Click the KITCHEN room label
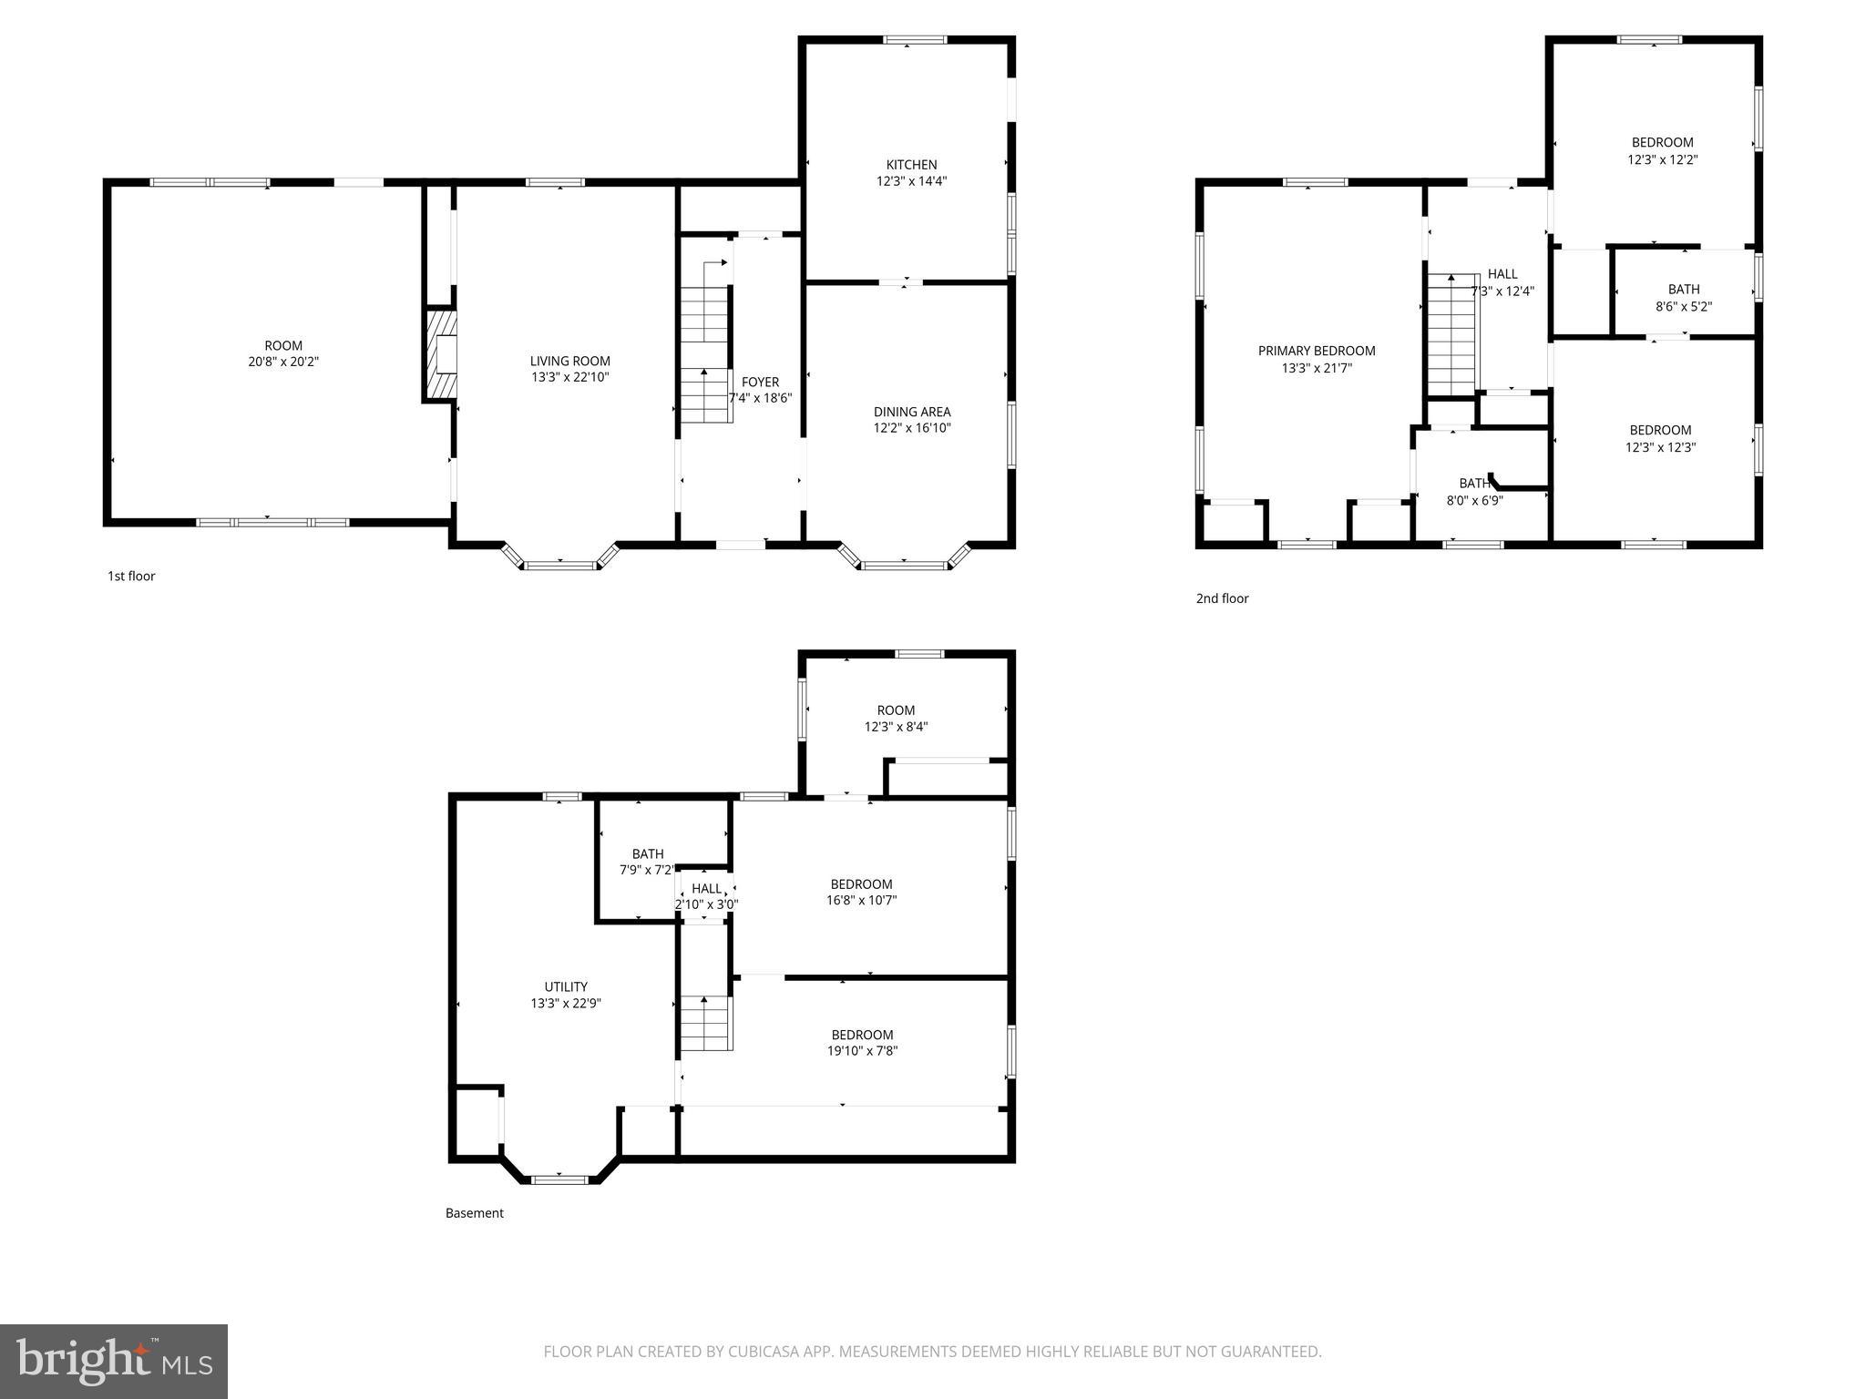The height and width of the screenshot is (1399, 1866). tap(911, 165)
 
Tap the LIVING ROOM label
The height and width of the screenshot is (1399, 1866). tap(570, 362)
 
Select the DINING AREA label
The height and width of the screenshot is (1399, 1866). tap(912, 412)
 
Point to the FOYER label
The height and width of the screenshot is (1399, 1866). tap(760, 383)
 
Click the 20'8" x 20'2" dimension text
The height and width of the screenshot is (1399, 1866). tap(283, 362)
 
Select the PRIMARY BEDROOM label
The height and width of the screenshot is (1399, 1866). tap(1317, 351)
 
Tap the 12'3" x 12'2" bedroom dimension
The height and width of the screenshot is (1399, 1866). tap(1662, 159)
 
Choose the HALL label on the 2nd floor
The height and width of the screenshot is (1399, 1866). tap(1502, 274)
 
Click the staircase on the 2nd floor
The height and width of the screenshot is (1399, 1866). tap(1452, 335)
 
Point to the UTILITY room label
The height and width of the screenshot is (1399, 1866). tap(566, 986)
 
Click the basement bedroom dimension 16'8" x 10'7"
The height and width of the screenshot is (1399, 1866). tap(861, 900)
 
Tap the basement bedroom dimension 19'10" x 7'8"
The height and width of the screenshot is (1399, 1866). tap(862, 1050)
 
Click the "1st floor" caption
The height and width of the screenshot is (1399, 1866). tap(131, 576)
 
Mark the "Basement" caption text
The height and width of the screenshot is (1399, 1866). tap(474, 1213)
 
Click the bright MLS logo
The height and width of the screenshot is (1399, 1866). tap(114, 1361)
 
